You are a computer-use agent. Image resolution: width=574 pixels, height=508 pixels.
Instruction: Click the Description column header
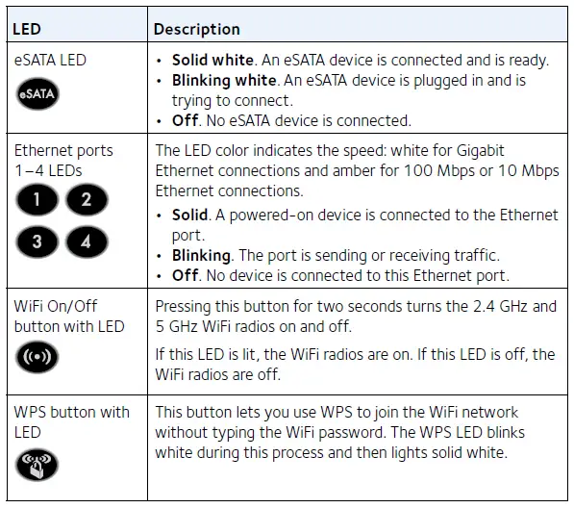pos(197,29)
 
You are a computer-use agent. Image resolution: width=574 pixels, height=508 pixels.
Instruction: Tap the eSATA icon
pos(37,94)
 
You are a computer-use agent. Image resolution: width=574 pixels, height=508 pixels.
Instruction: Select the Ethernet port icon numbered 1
pos(37,200)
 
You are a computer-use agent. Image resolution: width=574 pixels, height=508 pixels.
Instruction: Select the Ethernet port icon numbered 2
pos(87,200)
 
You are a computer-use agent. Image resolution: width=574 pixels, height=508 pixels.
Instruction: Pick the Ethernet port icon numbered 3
pos(37,241)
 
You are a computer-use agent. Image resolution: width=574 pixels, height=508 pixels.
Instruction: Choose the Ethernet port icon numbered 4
pos(87,241)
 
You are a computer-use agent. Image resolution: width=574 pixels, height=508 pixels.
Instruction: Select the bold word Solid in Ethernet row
pos(189,214)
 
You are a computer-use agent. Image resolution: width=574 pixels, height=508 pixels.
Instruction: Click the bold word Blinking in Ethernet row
pos(202,256)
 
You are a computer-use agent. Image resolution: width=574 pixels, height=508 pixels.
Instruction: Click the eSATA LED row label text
pos(50,60)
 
